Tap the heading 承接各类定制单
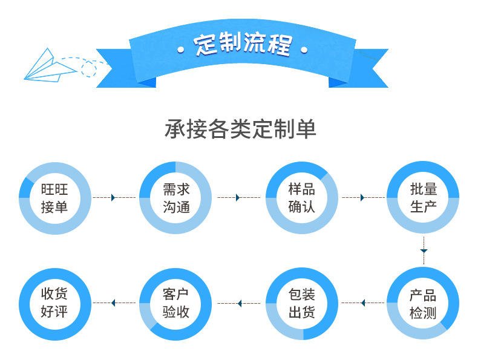tap(240, 129)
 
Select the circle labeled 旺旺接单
tap(54, 198)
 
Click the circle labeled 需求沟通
tap(175, 198)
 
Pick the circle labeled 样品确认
tap(301, 198)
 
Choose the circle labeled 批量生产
tap(423, 198)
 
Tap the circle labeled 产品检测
tap(423, 304)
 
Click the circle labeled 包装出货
tap(301, 304)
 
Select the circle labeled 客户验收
tap(175, 304)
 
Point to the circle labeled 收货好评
tap(54, 304)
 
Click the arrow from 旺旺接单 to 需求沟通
tap(113, 198)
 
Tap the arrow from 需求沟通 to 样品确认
tap(238, 198)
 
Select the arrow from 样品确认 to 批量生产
tap(362, 198)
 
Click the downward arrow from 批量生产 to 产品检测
tap(424, 250)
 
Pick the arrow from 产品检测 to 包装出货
tap(362, 303)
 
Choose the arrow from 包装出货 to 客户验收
tap(239, 303)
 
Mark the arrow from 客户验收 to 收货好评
tap(113, 303)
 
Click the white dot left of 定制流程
tap(180, 49)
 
